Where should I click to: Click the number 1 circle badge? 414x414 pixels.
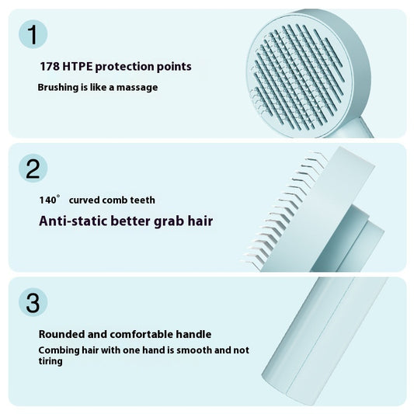(32, 34)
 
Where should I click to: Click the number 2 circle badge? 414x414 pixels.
(32, 169)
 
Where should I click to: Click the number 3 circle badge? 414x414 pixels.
(32, 302)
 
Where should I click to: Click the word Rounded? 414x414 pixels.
(63, 334)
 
